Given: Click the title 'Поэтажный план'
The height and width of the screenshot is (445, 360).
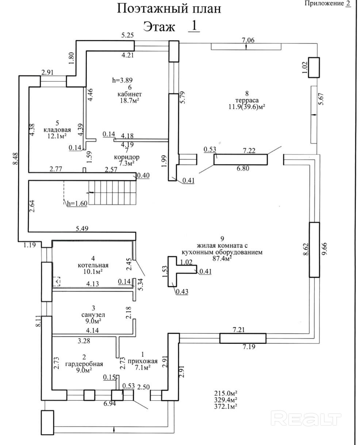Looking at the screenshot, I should click(x=169, y=9).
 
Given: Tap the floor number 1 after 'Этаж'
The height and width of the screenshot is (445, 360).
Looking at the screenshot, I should click(x=194, y=26).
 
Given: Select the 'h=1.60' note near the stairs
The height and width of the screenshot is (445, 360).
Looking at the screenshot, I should click(x=77, y=204).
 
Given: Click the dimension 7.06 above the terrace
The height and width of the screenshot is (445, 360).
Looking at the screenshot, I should click(x=248, y=40).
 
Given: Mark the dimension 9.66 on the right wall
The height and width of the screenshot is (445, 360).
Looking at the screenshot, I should click(x=323, y=249).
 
